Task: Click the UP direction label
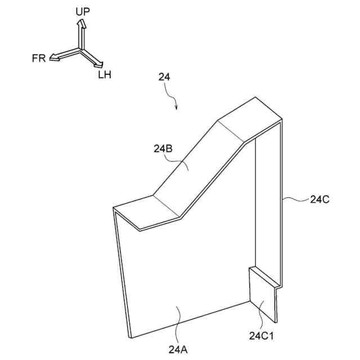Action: pos(83,11)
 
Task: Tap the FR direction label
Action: pos(39,57)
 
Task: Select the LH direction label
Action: pos(105,74)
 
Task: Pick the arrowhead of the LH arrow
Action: pos(99,64)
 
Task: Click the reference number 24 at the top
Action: pos(165,79)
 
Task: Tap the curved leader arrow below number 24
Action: pos(174,100)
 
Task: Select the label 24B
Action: pos(163,149)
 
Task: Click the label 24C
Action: pos(320,198)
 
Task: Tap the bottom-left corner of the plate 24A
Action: pos(130,337)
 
